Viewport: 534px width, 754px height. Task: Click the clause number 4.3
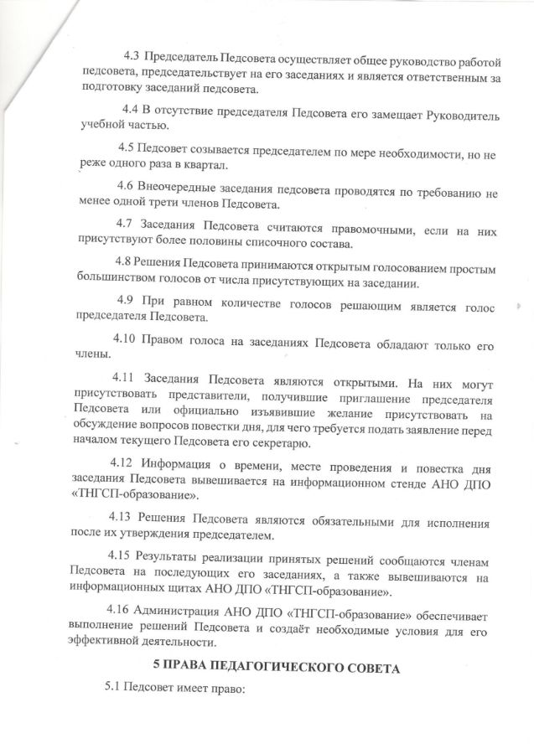tap(131, 57)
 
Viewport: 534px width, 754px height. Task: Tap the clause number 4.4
tap(130, 110)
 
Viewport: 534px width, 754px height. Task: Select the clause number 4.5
tap(127, 148)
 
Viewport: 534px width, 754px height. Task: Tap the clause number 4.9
tap(127, 300)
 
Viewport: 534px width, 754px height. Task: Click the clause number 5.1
tap(112, 687)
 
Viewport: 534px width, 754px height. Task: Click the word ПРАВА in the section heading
tap(191, 666)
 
